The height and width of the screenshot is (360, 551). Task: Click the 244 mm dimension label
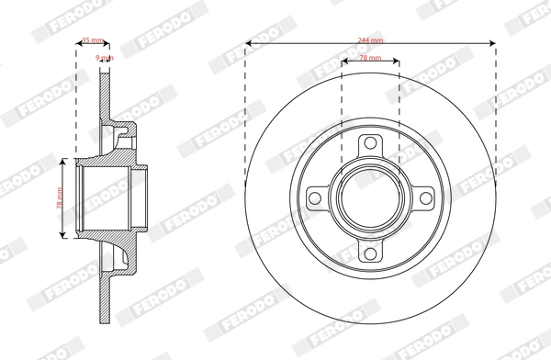point(370,39)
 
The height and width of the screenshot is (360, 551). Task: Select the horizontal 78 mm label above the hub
point(370,58)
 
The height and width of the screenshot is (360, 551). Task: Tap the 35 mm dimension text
point(91,40)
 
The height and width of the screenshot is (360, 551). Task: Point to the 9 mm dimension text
point(105,58)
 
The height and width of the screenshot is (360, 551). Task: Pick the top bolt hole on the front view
point(370,143)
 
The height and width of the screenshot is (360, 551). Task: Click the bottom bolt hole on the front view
point(370,254)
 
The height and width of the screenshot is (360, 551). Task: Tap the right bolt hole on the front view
point(426,199)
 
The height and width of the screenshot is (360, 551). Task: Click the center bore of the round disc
point(370,199)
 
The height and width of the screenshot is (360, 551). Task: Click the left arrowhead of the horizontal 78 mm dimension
point(343,64)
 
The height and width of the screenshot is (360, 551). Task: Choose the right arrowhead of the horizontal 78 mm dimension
point(397,64)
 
